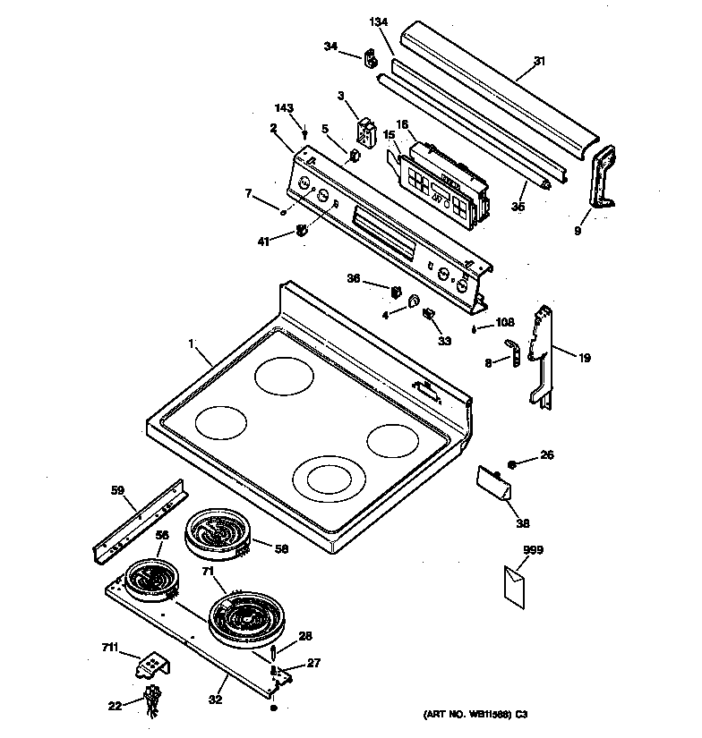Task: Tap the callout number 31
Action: [539, 61]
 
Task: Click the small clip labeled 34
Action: [368, 59]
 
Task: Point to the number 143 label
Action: [283, 108]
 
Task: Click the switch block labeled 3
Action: [367, 130]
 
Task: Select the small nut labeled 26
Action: [512, 464]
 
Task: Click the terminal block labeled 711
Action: [153, 666]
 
